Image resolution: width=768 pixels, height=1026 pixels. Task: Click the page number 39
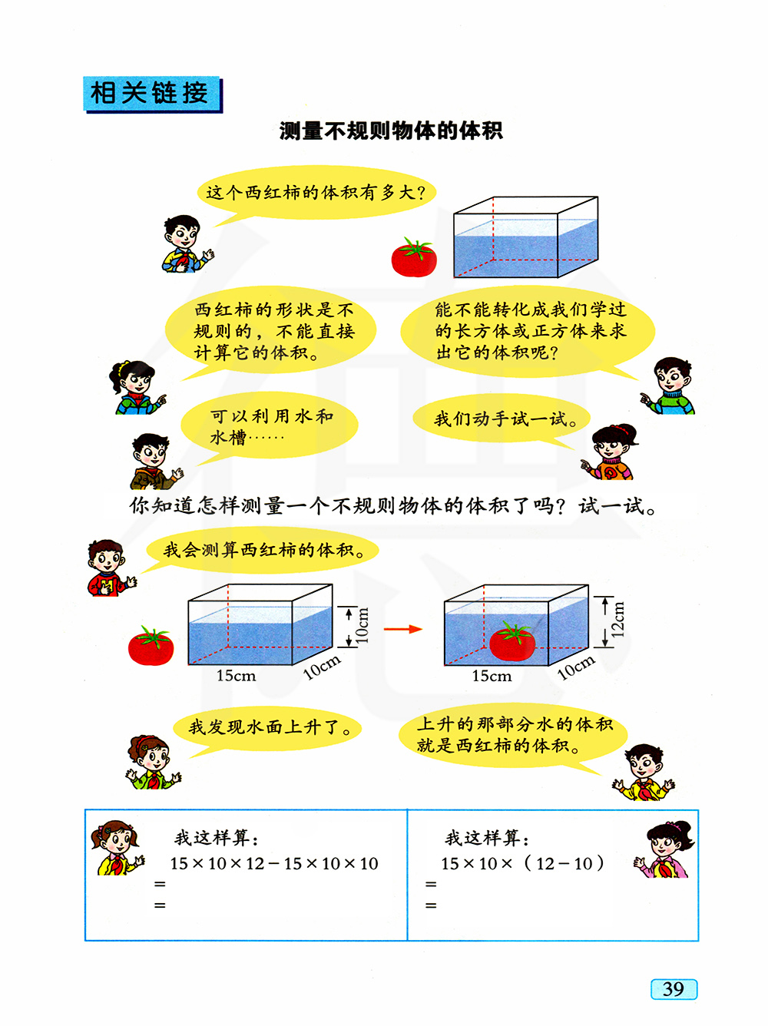[673, 988]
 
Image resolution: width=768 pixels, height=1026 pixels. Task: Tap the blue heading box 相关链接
[153, 94]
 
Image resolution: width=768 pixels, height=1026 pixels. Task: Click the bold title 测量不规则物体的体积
[391, 131]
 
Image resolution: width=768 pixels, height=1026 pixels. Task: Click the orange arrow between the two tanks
[402, 629]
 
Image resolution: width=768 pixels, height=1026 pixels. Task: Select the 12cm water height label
[617, 619]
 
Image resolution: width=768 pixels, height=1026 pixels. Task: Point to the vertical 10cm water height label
[362, 625]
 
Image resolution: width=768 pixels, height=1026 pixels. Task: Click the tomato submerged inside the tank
[512, 640]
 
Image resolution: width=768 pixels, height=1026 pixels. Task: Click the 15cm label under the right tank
[492, 676]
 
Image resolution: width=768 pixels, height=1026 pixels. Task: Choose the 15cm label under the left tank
[236, 676]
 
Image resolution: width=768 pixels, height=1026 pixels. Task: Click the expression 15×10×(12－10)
[522, 863]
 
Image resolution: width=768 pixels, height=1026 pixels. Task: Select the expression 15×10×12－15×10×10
[274, 863]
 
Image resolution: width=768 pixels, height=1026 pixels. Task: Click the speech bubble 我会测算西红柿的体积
[262, 550]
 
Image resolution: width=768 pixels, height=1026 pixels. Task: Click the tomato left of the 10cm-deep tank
[151, 645]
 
